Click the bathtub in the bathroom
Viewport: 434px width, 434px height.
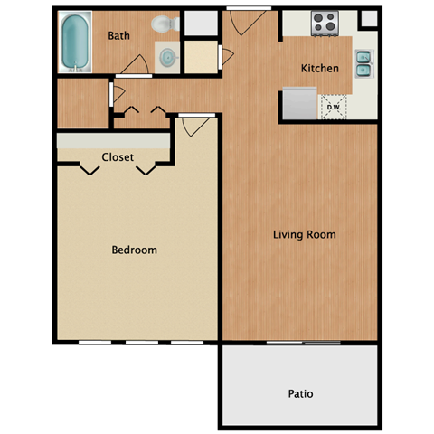click(76, 41)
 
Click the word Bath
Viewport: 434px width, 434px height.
click(119, 36)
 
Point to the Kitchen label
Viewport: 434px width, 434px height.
click(320, 68)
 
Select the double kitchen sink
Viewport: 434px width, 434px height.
click(363, 63)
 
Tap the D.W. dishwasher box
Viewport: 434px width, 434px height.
click(333, 108)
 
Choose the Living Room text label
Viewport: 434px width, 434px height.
click(305, 235)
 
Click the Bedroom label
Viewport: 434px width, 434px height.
click(134, 250)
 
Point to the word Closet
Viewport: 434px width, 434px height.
click(118, 157)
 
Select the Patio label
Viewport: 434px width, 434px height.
click(300, 394)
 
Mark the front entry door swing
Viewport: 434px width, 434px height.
click(239, 23)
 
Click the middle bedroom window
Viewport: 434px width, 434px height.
click(141, 343)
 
